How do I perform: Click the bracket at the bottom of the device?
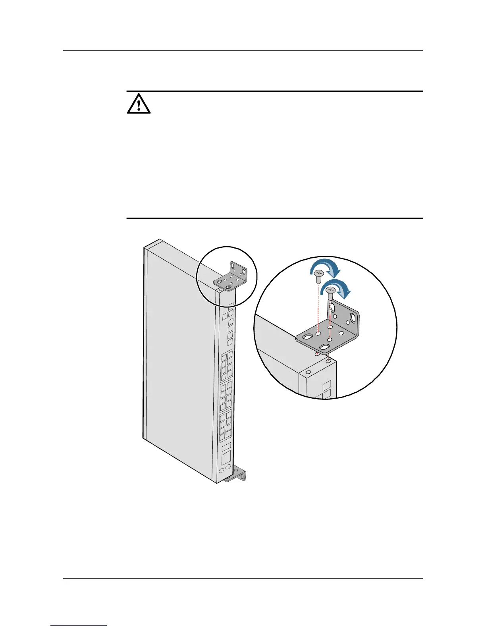coord(236,475)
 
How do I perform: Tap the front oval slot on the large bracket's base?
coord(324,347)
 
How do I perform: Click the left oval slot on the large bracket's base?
coord(308,337)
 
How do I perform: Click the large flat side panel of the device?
coord(179,357)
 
